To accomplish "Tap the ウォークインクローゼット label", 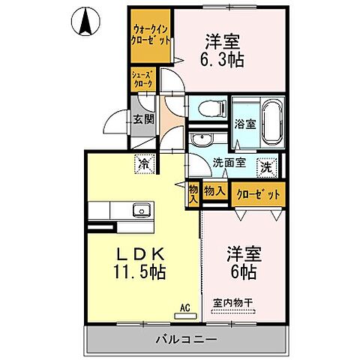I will (x=149, y=34).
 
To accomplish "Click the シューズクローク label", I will (x=142, y=79).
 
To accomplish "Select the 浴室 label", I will (x=244, y=125).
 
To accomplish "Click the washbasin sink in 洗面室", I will (x=201, y=141).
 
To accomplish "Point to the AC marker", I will (x=184, y=306).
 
